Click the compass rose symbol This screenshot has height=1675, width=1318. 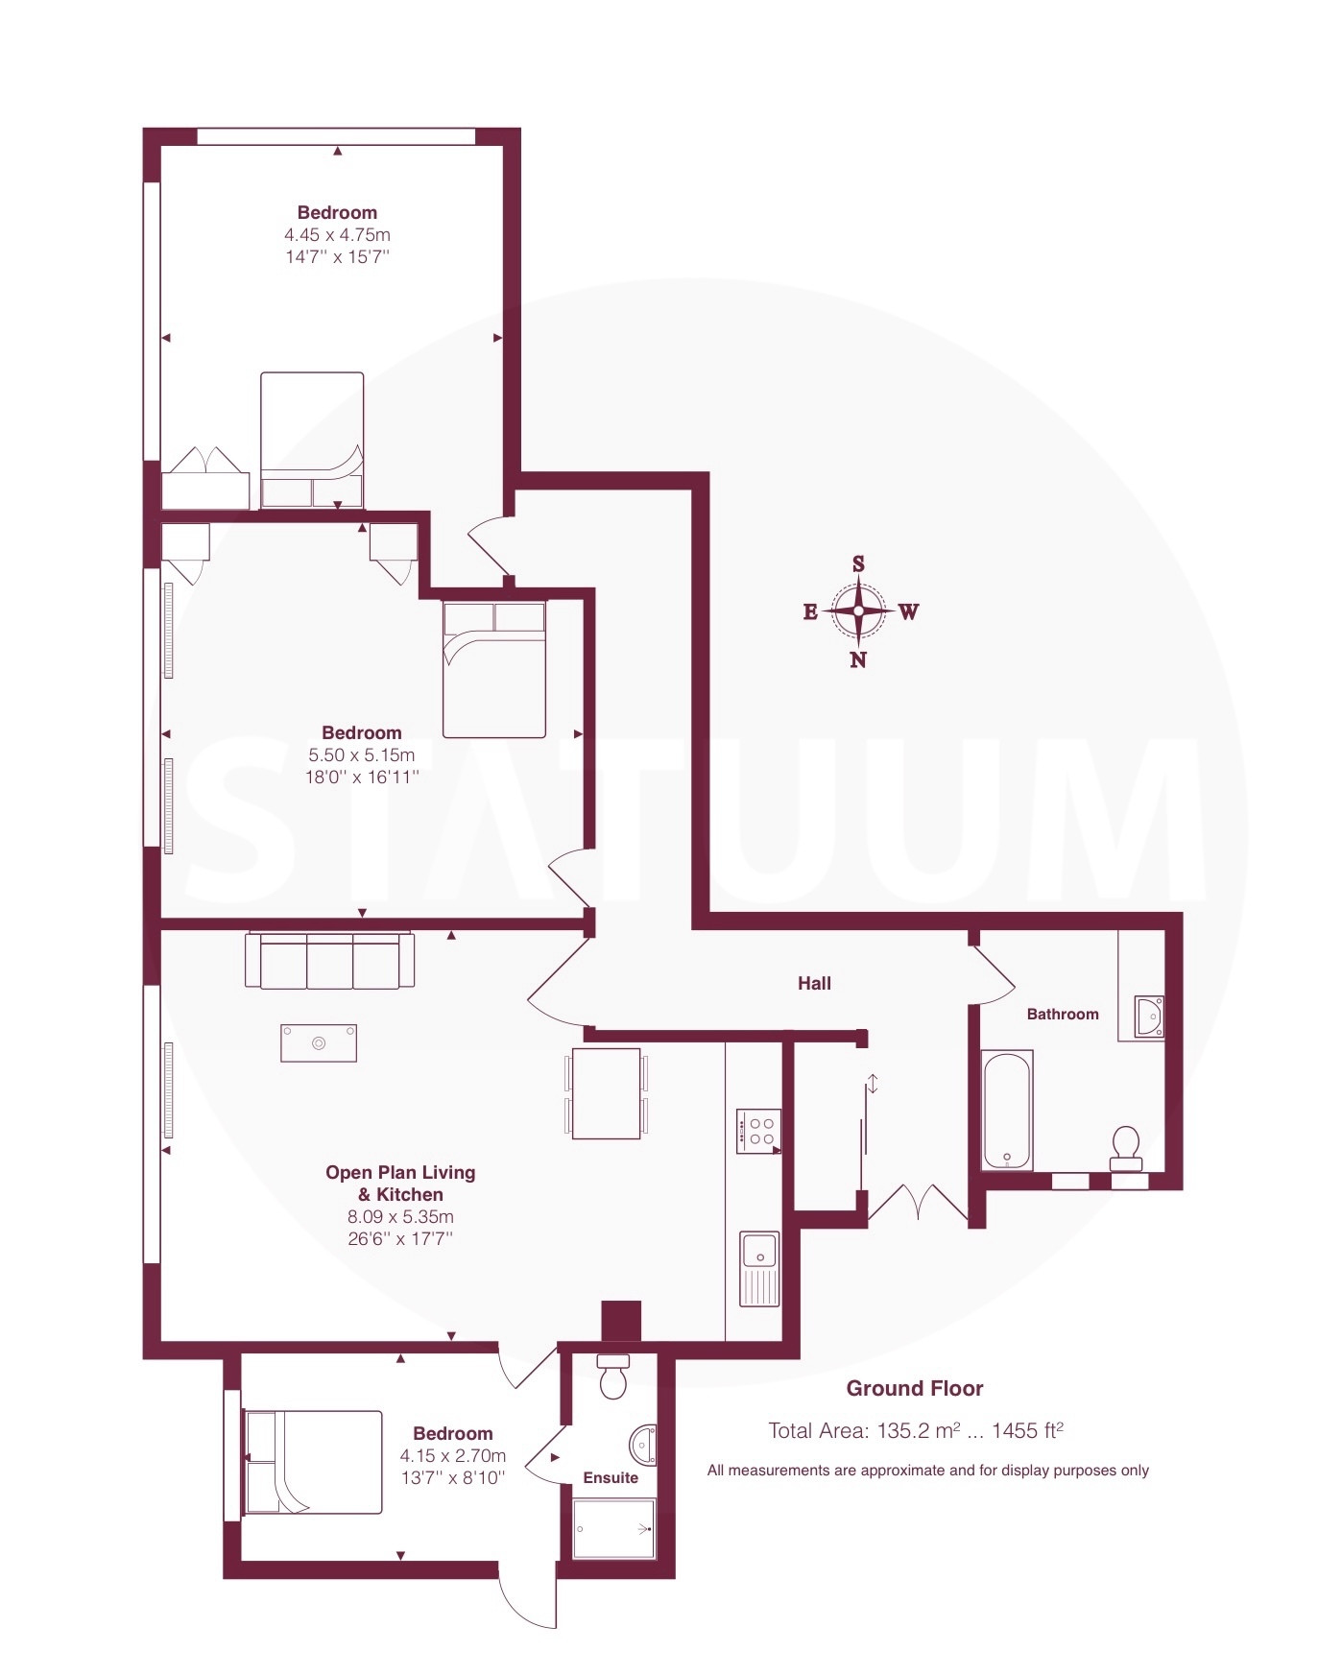click(858, 610)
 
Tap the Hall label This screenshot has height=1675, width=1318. click(814, 983)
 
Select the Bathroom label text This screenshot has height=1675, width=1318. click(1063, 1014)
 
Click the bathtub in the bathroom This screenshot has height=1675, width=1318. click(1008, 1110)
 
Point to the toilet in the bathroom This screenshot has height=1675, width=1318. click(1126, 1148)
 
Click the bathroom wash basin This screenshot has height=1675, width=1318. click(1149, 1016)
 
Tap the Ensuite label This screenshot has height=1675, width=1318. click(611, 1477)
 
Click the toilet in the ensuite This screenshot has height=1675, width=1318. click(612, 1376)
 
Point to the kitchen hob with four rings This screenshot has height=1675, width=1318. click(758, 1132)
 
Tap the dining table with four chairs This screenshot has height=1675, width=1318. click(606, 1093)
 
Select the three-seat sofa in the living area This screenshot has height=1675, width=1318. click(330, 960)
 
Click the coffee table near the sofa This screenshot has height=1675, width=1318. click(319, 1043)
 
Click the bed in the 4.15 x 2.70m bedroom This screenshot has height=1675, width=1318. click(313, 1462)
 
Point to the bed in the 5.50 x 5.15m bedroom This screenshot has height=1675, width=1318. click(494, 669)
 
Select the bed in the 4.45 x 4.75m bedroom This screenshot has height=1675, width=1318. click(312, 440)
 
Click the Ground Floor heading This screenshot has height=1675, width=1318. click(915, 1388)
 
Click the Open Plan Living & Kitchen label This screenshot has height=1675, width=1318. click(400, 1183)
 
